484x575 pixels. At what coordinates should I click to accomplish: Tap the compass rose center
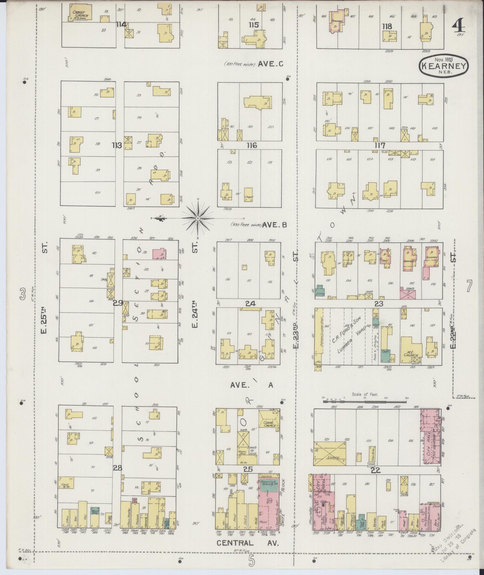[x=198, y=218]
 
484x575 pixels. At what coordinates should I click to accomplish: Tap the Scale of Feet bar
[x=365, y=401]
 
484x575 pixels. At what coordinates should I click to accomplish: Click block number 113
[x=117, y=145]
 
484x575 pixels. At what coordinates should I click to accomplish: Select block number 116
[x=252, y=145]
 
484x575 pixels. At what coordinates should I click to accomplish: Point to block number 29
[x=118, y=303]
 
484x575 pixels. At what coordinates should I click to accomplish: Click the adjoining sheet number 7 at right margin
[x=469, y=286]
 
